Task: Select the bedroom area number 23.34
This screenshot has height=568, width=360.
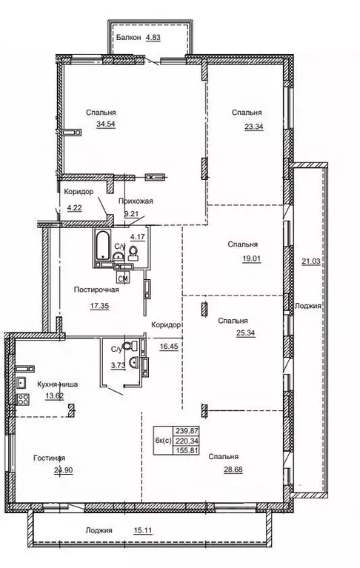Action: pyautogui.click(x=253, y=125)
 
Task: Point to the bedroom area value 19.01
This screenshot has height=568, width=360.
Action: pyautogui.click(x=249, y=258)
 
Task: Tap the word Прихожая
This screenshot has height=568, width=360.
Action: pyautogui.click(x=139, y=201)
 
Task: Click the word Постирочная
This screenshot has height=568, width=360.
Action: pyautogui.click(x=97, y=290)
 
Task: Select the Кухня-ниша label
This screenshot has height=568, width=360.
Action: pyautogui.click(x=58, y=384)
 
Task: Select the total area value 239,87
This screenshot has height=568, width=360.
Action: pyautogui.click(x=185, y=429)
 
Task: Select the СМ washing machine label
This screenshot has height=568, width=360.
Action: pyautogui.click(x=124, y=278)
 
